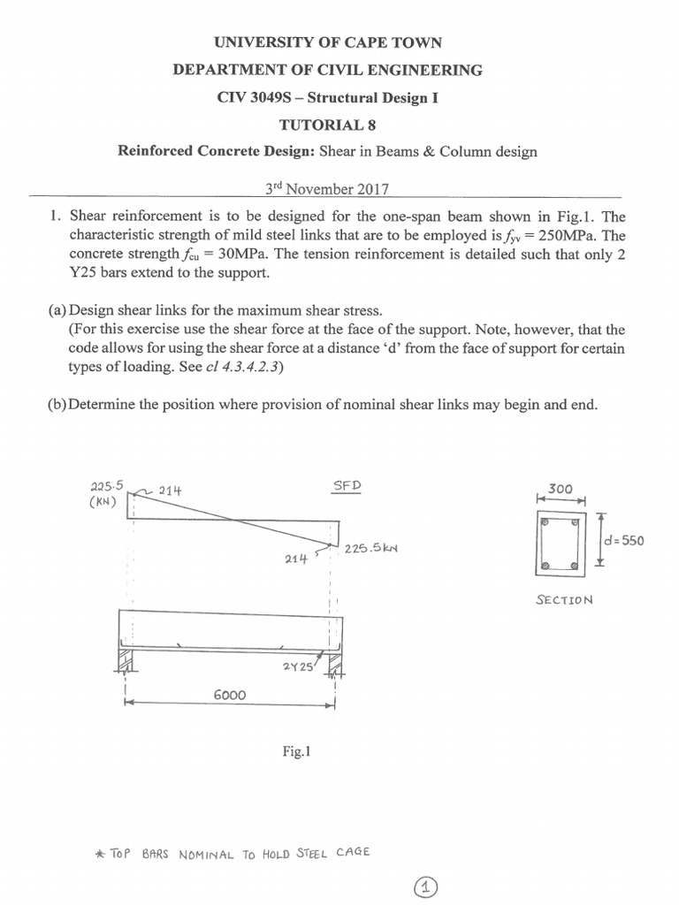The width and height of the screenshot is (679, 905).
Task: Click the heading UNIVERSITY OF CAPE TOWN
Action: [328, 42]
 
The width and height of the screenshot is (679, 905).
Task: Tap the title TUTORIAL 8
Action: [328, 125]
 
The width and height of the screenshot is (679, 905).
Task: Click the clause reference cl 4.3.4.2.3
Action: [240, 368]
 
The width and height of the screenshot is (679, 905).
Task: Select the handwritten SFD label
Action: [347, 487]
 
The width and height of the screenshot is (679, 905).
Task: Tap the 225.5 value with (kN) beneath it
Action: [108, 486]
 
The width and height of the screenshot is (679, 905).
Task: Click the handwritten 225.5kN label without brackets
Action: [371, 548]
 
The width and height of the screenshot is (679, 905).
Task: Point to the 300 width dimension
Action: [561, 488]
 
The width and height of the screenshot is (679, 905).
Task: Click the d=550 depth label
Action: [623, 541]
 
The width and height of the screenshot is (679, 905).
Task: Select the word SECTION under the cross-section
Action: [564, 599]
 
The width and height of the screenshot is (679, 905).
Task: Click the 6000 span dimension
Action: [230, 696]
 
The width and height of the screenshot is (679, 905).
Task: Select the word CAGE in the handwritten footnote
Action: [352, 853]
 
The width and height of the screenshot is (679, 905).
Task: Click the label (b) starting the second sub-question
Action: [58, 405]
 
